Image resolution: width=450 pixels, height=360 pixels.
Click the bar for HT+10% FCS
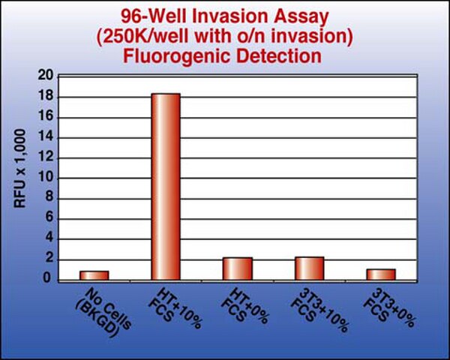tap(166, 187)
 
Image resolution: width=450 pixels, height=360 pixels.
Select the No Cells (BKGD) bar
tap(94, 275)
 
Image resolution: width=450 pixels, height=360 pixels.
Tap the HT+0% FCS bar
tap(238, 269)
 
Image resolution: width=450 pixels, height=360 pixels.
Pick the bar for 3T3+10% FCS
tap(310, 268)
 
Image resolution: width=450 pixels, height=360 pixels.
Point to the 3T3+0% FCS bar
tap(381, 274)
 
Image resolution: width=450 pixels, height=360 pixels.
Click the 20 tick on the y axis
tap(46, 76)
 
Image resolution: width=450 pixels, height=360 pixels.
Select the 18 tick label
tap(46, 96)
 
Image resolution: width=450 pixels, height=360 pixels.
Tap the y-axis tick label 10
tap(46, 178)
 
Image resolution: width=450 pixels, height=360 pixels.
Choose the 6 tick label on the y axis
tap(49, 218)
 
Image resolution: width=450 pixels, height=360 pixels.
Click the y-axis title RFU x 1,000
tap(20, 169)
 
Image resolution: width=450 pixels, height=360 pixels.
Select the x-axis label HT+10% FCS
tap(175, 308)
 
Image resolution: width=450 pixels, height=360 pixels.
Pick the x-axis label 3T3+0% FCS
tap(389, 308)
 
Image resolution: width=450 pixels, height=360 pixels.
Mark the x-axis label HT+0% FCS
tap(244, 307)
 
